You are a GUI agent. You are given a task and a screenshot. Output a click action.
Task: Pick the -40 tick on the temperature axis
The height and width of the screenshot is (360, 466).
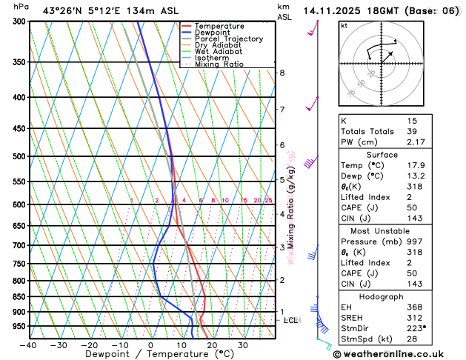point(28,345)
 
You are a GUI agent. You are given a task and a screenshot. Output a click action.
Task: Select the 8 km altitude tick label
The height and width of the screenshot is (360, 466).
point(282,73)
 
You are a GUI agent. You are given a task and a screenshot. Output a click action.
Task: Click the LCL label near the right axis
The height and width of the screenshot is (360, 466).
point(291,320)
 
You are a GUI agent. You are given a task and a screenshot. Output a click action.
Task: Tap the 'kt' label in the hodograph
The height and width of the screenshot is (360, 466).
point(344,26)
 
